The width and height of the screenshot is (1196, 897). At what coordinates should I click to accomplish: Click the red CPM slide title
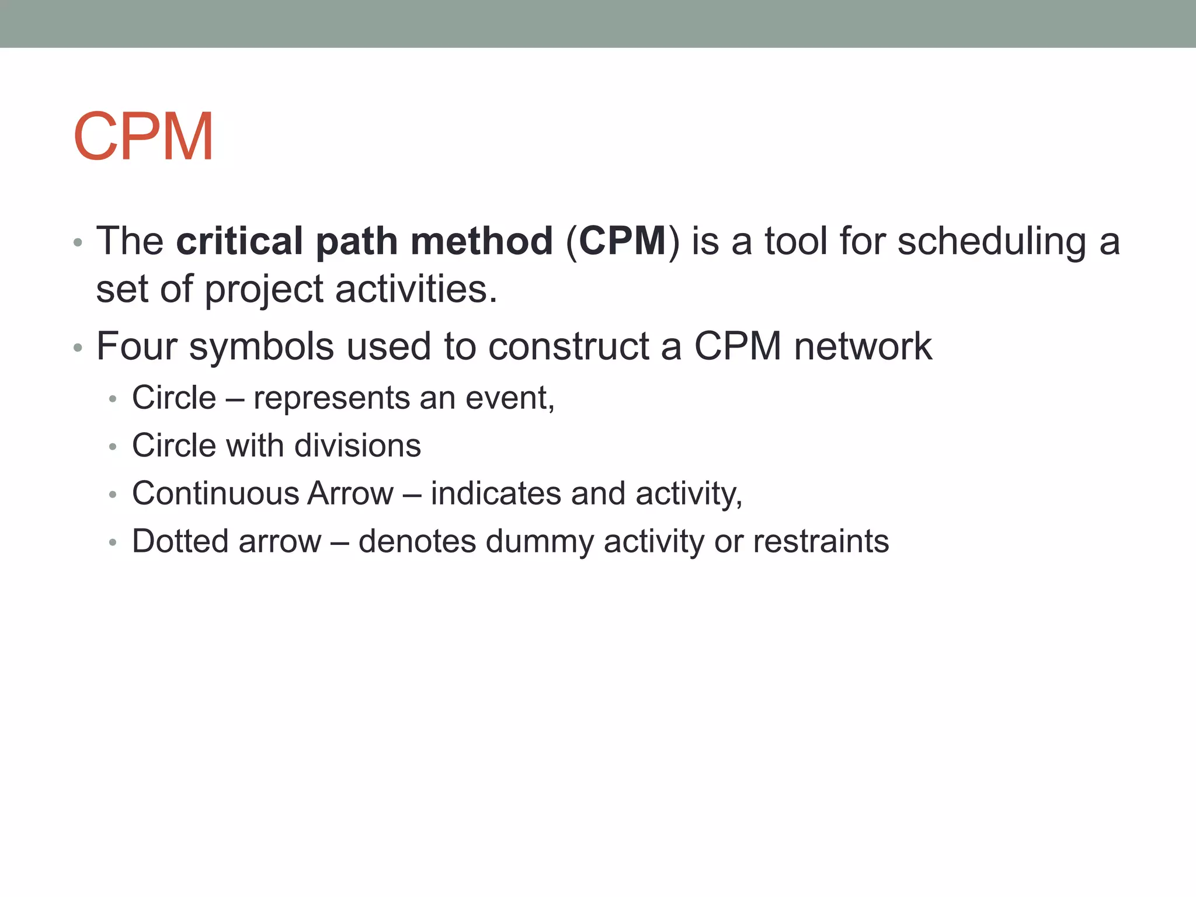(x=144, y=137)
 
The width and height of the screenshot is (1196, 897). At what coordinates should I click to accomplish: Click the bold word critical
(x=239, y=241)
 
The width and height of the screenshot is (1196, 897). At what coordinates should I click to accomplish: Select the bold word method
(x=481, y=241)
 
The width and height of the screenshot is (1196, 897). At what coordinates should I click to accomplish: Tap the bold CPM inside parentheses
(x=623, y=241)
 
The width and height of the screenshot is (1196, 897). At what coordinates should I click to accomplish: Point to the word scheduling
(x=992, y=241)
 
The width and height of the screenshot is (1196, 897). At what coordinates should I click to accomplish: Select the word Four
(x=137, y=346)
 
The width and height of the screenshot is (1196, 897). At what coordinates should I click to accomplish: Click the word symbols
(x=262, y=346)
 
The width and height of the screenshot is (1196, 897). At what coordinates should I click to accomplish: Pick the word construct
(x=569, y=346)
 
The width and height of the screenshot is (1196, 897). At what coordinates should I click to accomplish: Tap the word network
(x=863, y=346)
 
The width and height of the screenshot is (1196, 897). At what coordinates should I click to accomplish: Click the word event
(x=507, y=398)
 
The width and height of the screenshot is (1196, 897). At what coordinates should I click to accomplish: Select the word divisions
(x=357, y=446)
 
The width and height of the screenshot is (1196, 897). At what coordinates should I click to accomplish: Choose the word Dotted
(x=180, y=541)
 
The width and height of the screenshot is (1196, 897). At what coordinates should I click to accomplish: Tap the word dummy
(x=539, y=541)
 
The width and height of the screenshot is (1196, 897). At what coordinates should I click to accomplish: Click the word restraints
(x=820, y=541)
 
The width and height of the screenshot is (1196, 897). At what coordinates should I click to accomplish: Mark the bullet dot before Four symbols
(x=78, y=349)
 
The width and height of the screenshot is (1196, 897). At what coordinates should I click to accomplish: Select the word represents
(x=332, y=398)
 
